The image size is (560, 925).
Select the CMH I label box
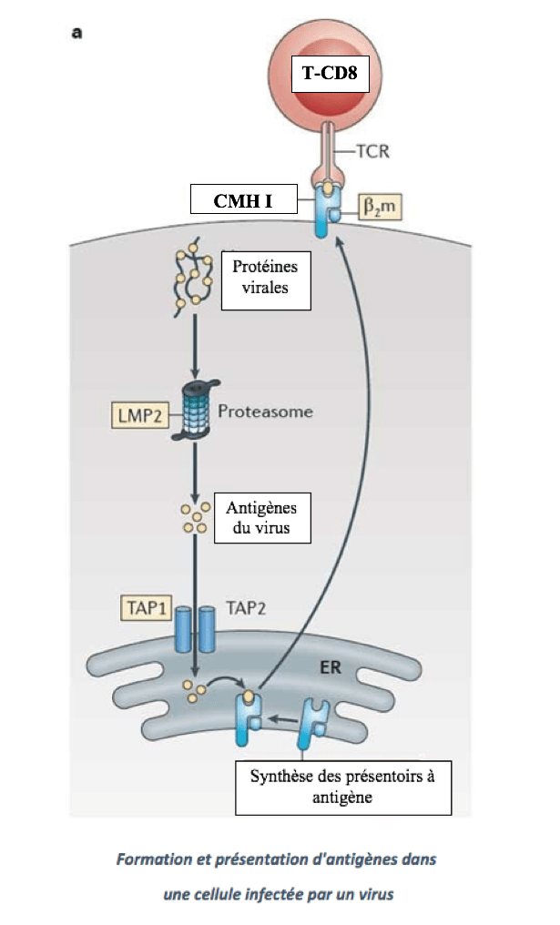click(x=244, y=199)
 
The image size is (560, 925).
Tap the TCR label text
click(x=373, y=151)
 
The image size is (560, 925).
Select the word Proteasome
click(x=265, y=412)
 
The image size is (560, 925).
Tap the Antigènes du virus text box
click(x=260, y=517)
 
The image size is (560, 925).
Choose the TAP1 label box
click(x=144, y=605)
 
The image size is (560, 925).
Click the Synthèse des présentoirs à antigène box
click(x=343, y=787)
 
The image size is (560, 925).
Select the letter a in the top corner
click(x=77, y=34)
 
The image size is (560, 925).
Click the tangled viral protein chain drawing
click(x=193, y=279)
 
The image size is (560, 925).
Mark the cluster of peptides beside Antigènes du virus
click(x=194, y=517)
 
